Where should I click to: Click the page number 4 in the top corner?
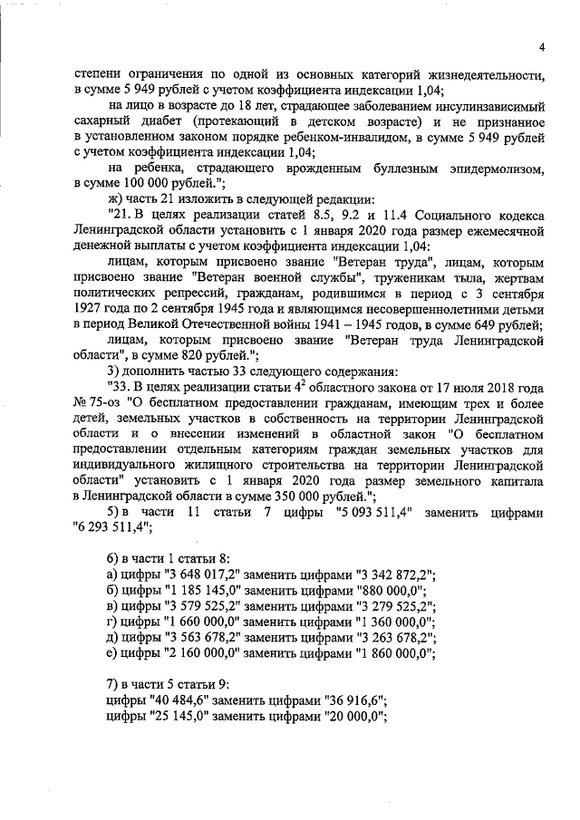pyautogui.click(x=538, y=47)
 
